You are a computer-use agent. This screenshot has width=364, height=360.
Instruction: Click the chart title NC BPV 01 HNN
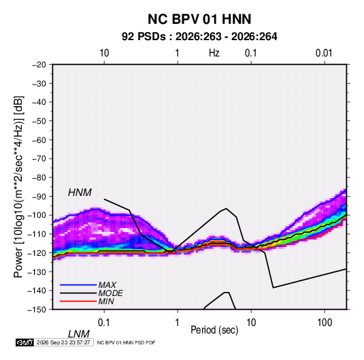coord(199,19)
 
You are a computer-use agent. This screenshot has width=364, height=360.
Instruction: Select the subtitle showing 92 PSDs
coord(199,37)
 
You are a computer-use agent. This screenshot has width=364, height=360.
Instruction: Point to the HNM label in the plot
coord(80,193)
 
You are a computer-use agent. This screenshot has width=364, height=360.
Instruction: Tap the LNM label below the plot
coord(79,334)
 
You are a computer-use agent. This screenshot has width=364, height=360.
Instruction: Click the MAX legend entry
coord(107,284)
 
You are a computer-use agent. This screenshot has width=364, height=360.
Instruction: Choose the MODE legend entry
coord(110,293)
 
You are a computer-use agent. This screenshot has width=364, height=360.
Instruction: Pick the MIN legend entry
coord(106,301)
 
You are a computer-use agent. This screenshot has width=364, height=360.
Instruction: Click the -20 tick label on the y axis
coord(39,65)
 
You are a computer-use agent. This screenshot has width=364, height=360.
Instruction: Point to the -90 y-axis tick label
coord(39,197)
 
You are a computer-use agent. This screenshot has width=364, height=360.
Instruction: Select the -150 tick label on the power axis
coord(37,310)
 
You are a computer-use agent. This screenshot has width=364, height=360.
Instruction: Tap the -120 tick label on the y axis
coord(37,253)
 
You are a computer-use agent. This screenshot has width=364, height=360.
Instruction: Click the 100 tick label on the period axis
coord(325,323)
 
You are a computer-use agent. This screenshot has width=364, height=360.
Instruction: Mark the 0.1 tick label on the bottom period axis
coord(104,323)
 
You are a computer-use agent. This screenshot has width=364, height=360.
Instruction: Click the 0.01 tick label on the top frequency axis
coord(324,53)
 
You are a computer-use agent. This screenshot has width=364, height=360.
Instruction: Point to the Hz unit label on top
coord(214,53)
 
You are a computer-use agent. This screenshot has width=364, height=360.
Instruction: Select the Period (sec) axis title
coord(214,330)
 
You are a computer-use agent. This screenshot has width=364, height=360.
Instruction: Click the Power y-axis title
coord(18,187)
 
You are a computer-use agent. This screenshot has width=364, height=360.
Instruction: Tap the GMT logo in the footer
coord(24,342)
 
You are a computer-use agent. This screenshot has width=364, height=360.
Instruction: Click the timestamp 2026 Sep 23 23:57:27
coord(63,342)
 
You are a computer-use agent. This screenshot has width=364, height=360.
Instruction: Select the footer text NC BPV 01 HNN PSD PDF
coord(126,342)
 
